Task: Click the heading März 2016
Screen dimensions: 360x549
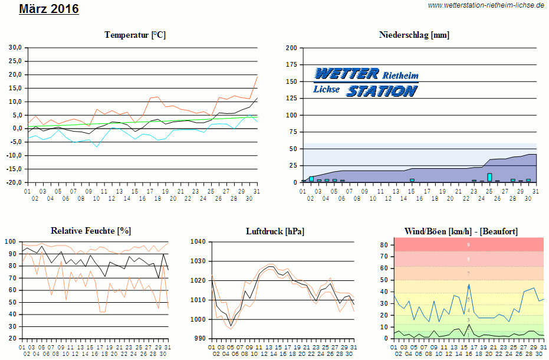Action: (49, 9)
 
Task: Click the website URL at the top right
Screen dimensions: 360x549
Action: (485, 5)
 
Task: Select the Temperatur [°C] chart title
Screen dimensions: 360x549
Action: (135, 35)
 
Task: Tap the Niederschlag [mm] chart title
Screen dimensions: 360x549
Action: (414, 35)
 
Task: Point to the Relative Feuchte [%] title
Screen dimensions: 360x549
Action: (91, 230)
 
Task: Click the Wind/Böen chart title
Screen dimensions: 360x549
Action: (461, 231)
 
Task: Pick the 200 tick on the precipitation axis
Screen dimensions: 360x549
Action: (291, 48)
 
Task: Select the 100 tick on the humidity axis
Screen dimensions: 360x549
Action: (11, 242)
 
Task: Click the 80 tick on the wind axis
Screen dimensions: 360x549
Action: (383, 245)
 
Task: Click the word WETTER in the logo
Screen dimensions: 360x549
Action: (346, 73)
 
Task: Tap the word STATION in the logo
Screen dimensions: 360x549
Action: (381, 91)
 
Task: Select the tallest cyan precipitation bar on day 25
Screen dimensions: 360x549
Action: (489, 177)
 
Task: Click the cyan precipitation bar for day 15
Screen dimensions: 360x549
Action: (412, 180)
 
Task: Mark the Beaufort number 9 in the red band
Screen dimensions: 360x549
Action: (468, 244)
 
